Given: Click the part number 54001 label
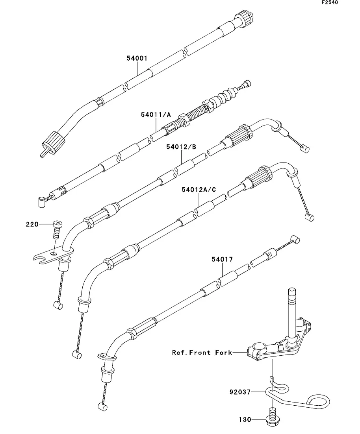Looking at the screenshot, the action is [x=137, y=58].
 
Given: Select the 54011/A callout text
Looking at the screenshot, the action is [x=156, y=115].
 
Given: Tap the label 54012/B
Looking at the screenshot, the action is [x=181, y=147].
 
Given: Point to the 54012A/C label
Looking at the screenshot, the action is [x=199, y=190].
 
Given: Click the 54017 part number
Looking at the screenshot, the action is [x=222, y=259].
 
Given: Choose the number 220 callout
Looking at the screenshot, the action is [x=32, y=224].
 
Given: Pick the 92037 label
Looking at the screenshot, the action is [x=240, y=392].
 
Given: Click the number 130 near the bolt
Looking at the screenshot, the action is [x=245, y=419].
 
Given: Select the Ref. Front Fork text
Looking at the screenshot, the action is [x=202, y=352].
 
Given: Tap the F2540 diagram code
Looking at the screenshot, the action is [x=330, y=2].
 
